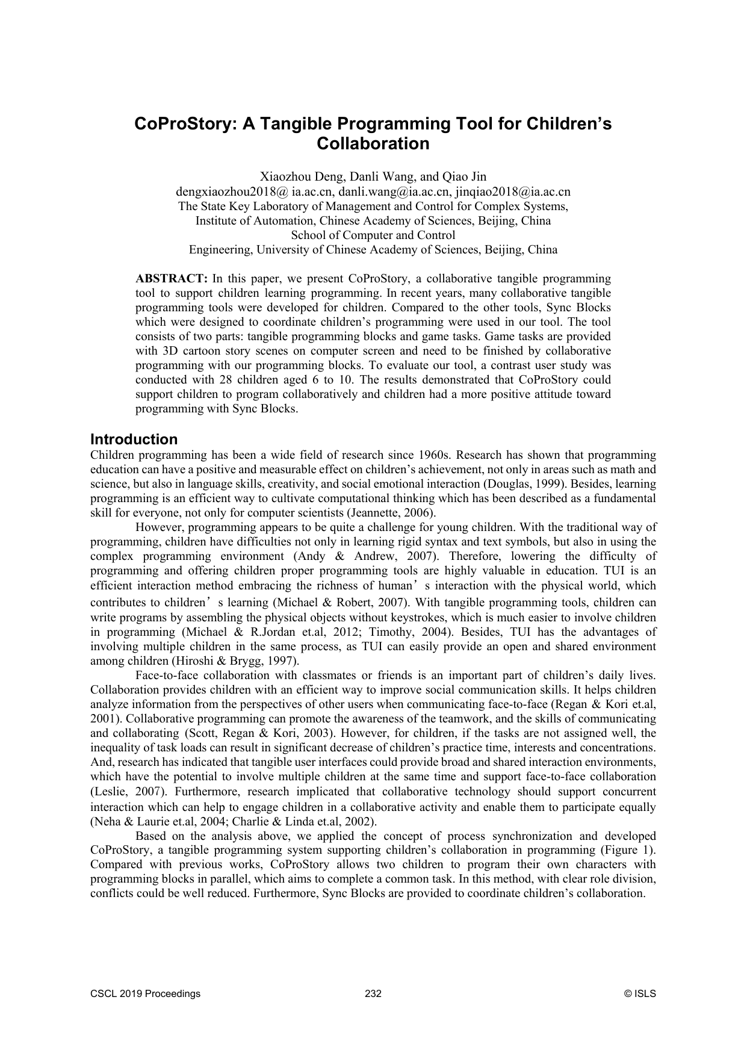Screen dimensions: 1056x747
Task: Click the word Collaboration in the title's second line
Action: [373, 144]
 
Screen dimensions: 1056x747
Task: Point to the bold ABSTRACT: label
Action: [172, 279]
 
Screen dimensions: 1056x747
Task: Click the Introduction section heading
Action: [134, 439]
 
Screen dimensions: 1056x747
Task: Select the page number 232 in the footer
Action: [373, 994]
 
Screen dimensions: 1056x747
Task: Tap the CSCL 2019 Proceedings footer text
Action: [145, 994]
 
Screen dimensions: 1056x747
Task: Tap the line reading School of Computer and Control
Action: [373, 235]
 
